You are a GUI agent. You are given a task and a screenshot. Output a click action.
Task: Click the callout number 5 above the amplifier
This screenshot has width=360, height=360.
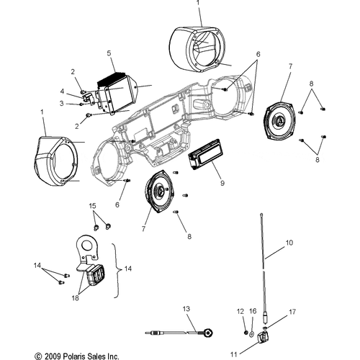(x=109, y=53)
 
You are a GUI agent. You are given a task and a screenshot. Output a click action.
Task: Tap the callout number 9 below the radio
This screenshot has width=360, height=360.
(x=222, y=183)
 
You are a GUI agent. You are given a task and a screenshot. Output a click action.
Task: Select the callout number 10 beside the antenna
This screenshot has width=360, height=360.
(x=289, y=243)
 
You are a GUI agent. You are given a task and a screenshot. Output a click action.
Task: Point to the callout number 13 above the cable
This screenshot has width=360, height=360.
(x=186, y=309)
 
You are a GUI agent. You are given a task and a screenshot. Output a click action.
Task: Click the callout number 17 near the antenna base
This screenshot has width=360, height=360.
(x=292, y=312)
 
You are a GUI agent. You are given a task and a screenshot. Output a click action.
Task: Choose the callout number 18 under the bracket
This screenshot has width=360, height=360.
(x=75, y=298)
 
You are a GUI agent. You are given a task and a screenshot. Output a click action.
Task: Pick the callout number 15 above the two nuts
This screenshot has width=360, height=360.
(x=92, y=206)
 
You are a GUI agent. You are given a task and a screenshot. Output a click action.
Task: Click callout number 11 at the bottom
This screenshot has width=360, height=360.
(x=234, y=354)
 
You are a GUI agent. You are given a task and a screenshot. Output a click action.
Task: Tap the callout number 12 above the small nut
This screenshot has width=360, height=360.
(x=240, y=312)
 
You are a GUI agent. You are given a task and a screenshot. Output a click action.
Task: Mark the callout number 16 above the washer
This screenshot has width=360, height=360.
(x=253, y=311)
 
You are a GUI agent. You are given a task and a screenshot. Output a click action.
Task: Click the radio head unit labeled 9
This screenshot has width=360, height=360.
(x=206, y=155)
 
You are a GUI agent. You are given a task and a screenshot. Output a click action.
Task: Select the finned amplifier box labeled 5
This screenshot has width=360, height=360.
(x=117, y=93)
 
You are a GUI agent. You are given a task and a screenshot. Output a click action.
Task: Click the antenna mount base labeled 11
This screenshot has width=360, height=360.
(x=263, y=337)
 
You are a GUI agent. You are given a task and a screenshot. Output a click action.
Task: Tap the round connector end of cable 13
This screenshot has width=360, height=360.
(x=208, y=333)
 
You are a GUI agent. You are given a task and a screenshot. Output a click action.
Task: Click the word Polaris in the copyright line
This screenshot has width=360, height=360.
(x=75, y=356)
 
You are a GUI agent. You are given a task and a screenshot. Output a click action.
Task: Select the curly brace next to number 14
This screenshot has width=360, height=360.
(x=117, y=270)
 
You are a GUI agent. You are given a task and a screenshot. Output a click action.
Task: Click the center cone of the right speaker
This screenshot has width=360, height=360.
(x=281, y=120)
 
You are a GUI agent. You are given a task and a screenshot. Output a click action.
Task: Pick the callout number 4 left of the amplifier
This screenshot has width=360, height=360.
(x=62, y=91)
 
